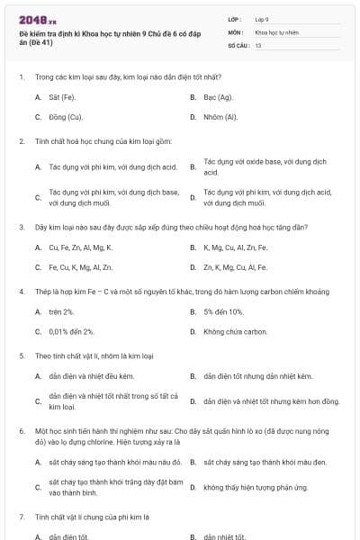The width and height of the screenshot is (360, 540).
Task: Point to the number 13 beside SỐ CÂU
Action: [258, 44]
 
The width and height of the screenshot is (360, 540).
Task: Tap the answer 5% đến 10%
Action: [223, 310]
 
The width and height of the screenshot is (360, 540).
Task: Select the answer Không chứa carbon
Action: [235, 331]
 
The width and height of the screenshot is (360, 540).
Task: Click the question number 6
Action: [21, 431]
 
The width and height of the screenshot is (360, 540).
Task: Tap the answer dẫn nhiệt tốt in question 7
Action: [224, 536]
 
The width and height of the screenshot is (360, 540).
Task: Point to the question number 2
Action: [21, 141]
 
